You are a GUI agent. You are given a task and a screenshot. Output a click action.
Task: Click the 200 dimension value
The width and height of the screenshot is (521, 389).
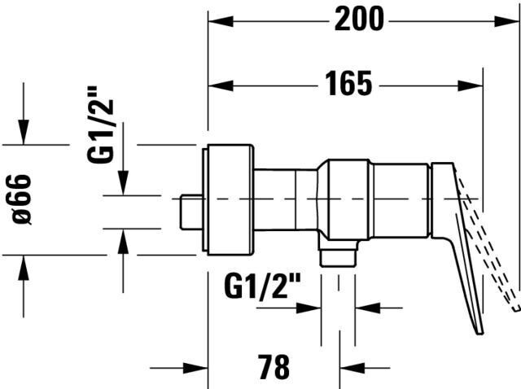pyautogui.click(x=358, y=19)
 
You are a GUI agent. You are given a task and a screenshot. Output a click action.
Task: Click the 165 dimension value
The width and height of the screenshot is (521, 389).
pyautogui.click(x=349, y=83)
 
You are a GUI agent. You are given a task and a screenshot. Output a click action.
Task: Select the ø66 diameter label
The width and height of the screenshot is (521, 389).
pyautogui.click(x=23, y=199)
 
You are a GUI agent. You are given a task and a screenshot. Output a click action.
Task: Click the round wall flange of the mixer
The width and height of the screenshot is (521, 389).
pyautogui.click(x=230, y=199)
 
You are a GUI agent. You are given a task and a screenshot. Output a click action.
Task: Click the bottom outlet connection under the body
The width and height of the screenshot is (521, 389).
pyautogui.click(x=338, y=256)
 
